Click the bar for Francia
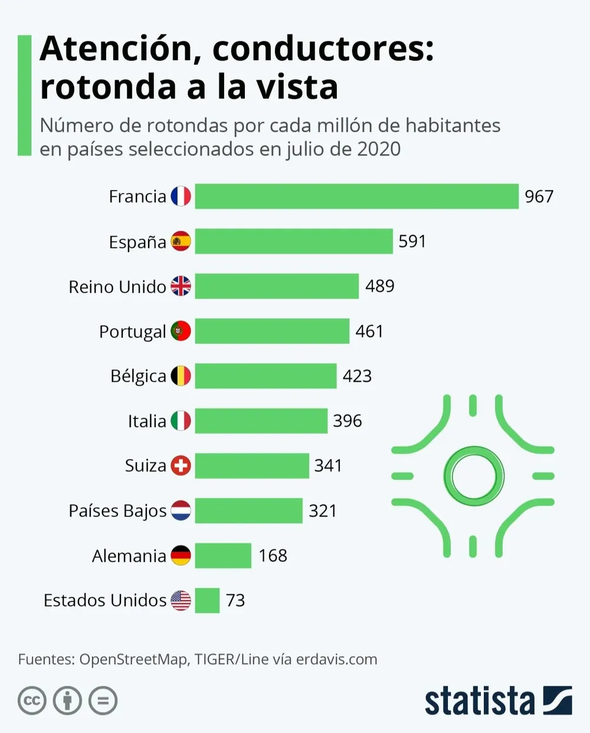point(356,197)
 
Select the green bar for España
point(293,241)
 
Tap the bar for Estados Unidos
point(207,600)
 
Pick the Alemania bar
point(223,555)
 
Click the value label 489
point(379,286)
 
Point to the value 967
point(539,197)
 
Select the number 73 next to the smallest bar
point(235,600)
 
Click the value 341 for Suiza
point(327,466)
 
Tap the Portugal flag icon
point(181,331)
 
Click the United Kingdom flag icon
point(181,286)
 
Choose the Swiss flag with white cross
point(181,466)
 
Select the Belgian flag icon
point(181,376)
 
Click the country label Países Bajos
point(117,511)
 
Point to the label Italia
point(147,421)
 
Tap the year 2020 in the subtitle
point(378,149)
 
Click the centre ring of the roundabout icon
point(473,476)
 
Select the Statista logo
point(497,701)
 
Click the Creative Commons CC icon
point(32,701)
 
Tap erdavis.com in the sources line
point(336,659)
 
